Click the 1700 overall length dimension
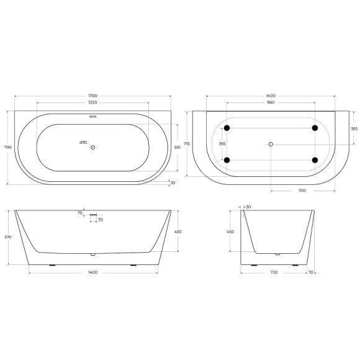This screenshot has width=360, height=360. (x=92, y=96)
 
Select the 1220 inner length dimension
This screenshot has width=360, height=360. (x=92, y=102)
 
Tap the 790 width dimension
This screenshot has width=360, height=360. (x=7, y=148)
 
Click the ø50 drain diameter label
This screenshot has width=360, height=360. (x=83, y=142)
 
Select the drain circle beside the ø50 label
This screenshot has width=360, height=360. (x=93, y=147)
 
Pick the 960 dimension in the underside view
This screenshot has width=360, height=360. (x=271, y=102)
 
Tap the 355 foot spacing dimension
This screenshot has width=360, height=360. (x=205, y=144)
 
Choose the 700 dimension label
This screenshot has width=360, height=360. (x=302, y=191)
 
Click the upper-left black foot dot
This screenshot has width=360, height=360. (x=227, y=128)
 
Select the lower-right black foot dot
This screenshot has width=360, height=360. (x=315, y=160)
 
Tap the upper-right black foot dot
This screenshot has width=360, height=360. (x=315, y=128)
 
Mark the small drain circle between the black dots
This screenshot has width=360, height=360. (x=271, y=144)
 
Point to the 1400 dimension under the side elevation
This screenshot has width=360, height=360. (x=92, y=272)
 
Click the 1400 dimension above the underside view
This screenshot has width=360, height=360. (x=271, y=96)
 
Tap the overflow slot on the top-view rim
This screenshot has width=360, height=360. (x=93, y=115)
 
